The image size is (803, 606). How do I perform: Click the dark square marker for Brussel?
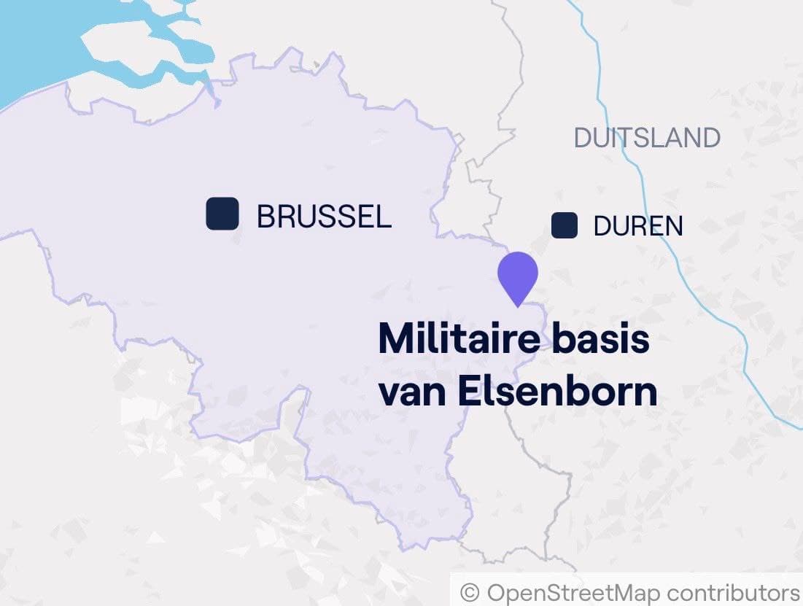222,214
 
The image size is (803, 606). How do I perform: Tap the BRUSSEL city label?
324,217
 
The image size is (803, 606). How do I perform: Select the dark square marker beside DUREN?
565,225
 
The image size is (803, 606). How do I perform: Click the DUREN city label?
638,227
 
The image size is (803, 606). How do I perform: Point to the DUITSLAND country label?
647,138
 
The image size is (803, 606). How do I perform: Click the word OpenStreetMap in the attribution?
573,591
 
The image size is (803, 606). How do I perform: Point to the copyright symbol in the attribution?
470,591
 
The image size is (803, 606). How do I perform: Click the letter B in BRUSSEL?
266,217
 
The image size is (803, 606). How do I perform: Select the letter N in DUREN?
673,227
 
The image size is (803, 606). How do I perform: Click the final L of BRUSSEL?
384,217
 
